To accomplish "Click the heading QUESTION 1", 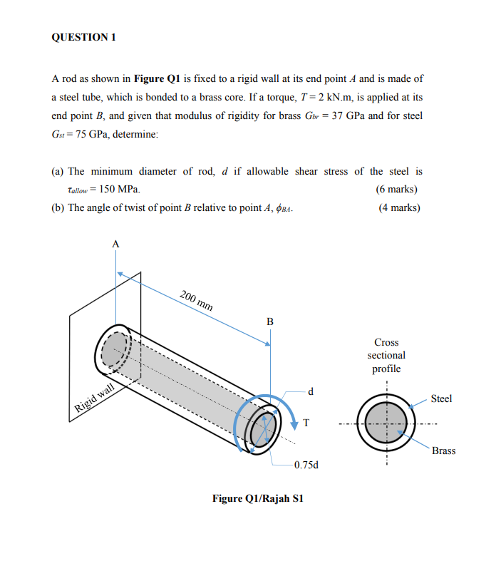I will click(83, 38).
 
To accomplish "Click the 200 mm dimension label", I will click(196, 301).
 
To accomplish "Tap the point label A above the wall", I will click(115, 244).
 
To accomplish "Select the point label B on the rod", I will click(269, 321).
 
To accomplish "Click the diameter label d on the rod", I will click(311, 391).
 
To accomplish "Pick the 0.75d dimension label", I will click(306, 465).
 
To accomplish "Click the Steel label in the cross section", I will click(441, 398).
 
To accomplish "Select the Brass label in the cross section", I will click(443, 451).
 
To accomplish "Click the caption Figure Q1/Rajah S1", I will click(258, 498).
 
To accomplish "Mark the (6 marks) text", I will click(396, 189).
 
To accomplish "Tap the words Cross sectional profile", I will click(386, 355).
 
